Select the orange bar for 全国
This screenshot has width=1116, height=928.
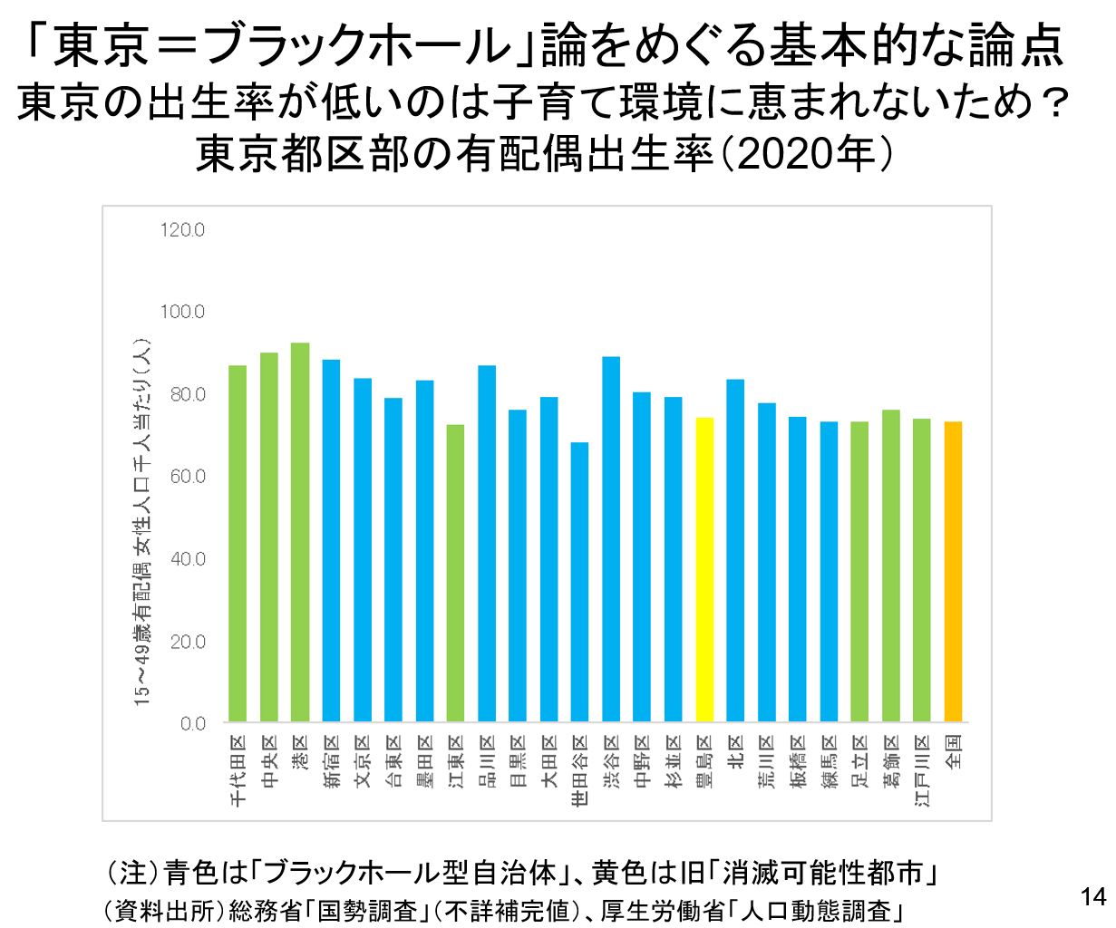953,571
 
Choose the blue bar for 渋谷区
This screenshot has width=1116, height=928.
611,539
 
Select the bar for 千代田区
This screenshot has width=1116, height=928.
238,544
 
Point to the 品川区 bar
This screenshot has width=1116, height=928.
487,544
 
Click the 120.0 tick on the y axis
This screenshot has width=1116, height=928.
181,230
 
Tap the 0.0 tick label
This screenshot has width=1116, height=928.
192,723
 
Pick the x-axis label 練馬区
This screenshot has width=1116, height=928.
829,766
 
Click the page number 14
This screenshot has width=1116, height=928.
1093,897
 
